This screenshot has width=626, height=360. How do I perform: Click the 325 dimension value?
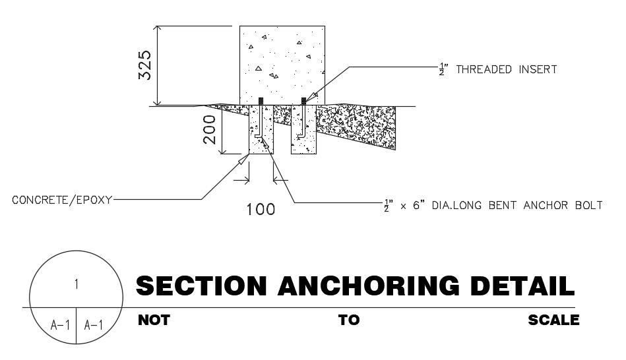pyautogui.click(x=148, y=65)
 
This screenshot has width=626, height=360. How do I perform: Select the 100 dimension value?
pyautogui.click(x=261, y=210)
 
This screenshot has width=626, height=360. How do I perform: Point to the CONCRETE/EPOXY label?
pyautogui.click(x=62, y=199)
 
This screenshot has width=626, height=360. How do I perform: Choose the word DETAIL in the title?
pyautogui.click(x=522, y=286)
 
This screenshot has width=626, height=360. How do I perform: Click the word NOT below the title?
pyautogui.click(x=154, y=320)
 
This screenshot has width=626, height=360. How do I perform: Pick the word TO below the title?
pyautogui.click(x=349, y=320)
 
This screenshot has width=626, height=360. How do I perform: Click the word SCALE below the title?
pyautogui.click(x=553, y=320)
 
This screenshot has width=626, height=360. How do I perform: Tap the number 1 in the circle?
pyautogui.click(x=77, y=284)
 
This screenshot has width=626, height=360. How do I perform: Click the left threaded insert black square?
pyautogui.click(x=261, y=101)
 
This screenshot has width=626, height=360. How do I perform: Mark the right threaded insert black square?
pyautogui.click(x=303, y=101)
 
